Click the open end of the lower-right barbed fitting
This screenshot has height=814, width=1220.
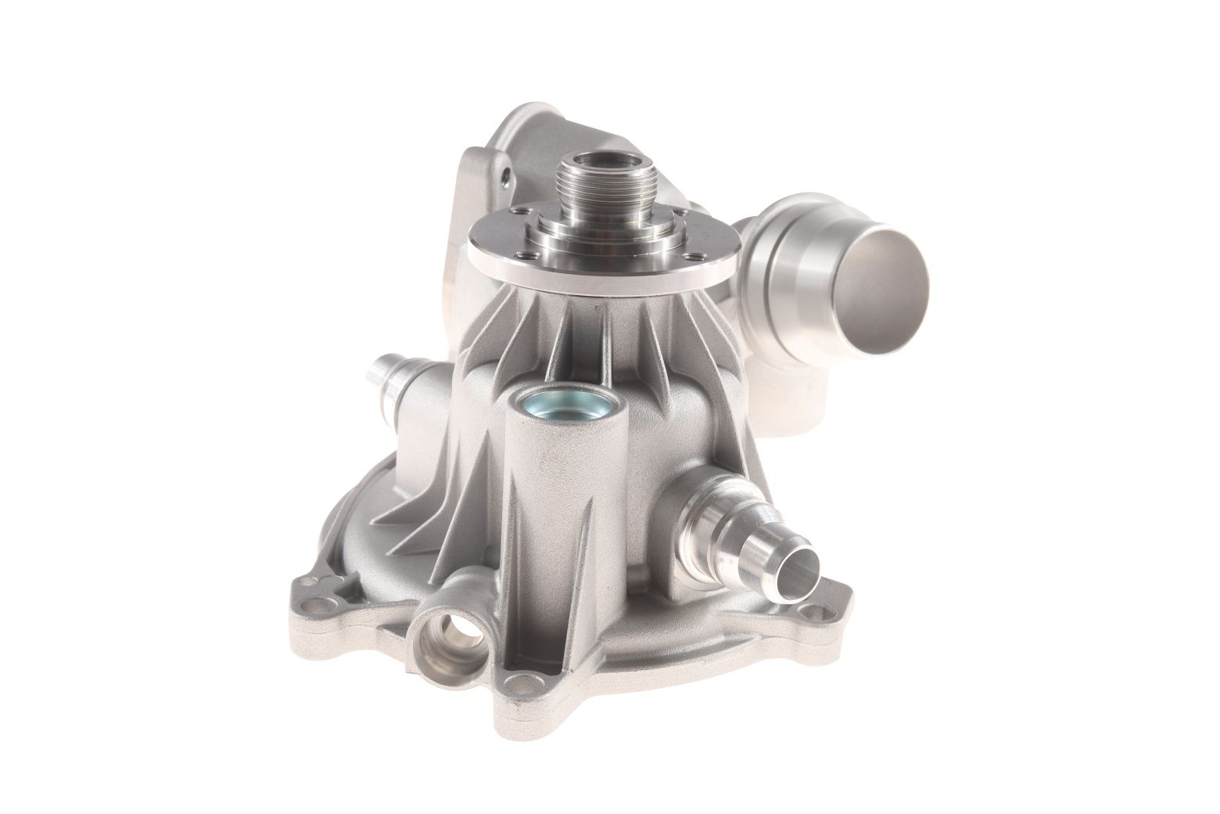(800, 570)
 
